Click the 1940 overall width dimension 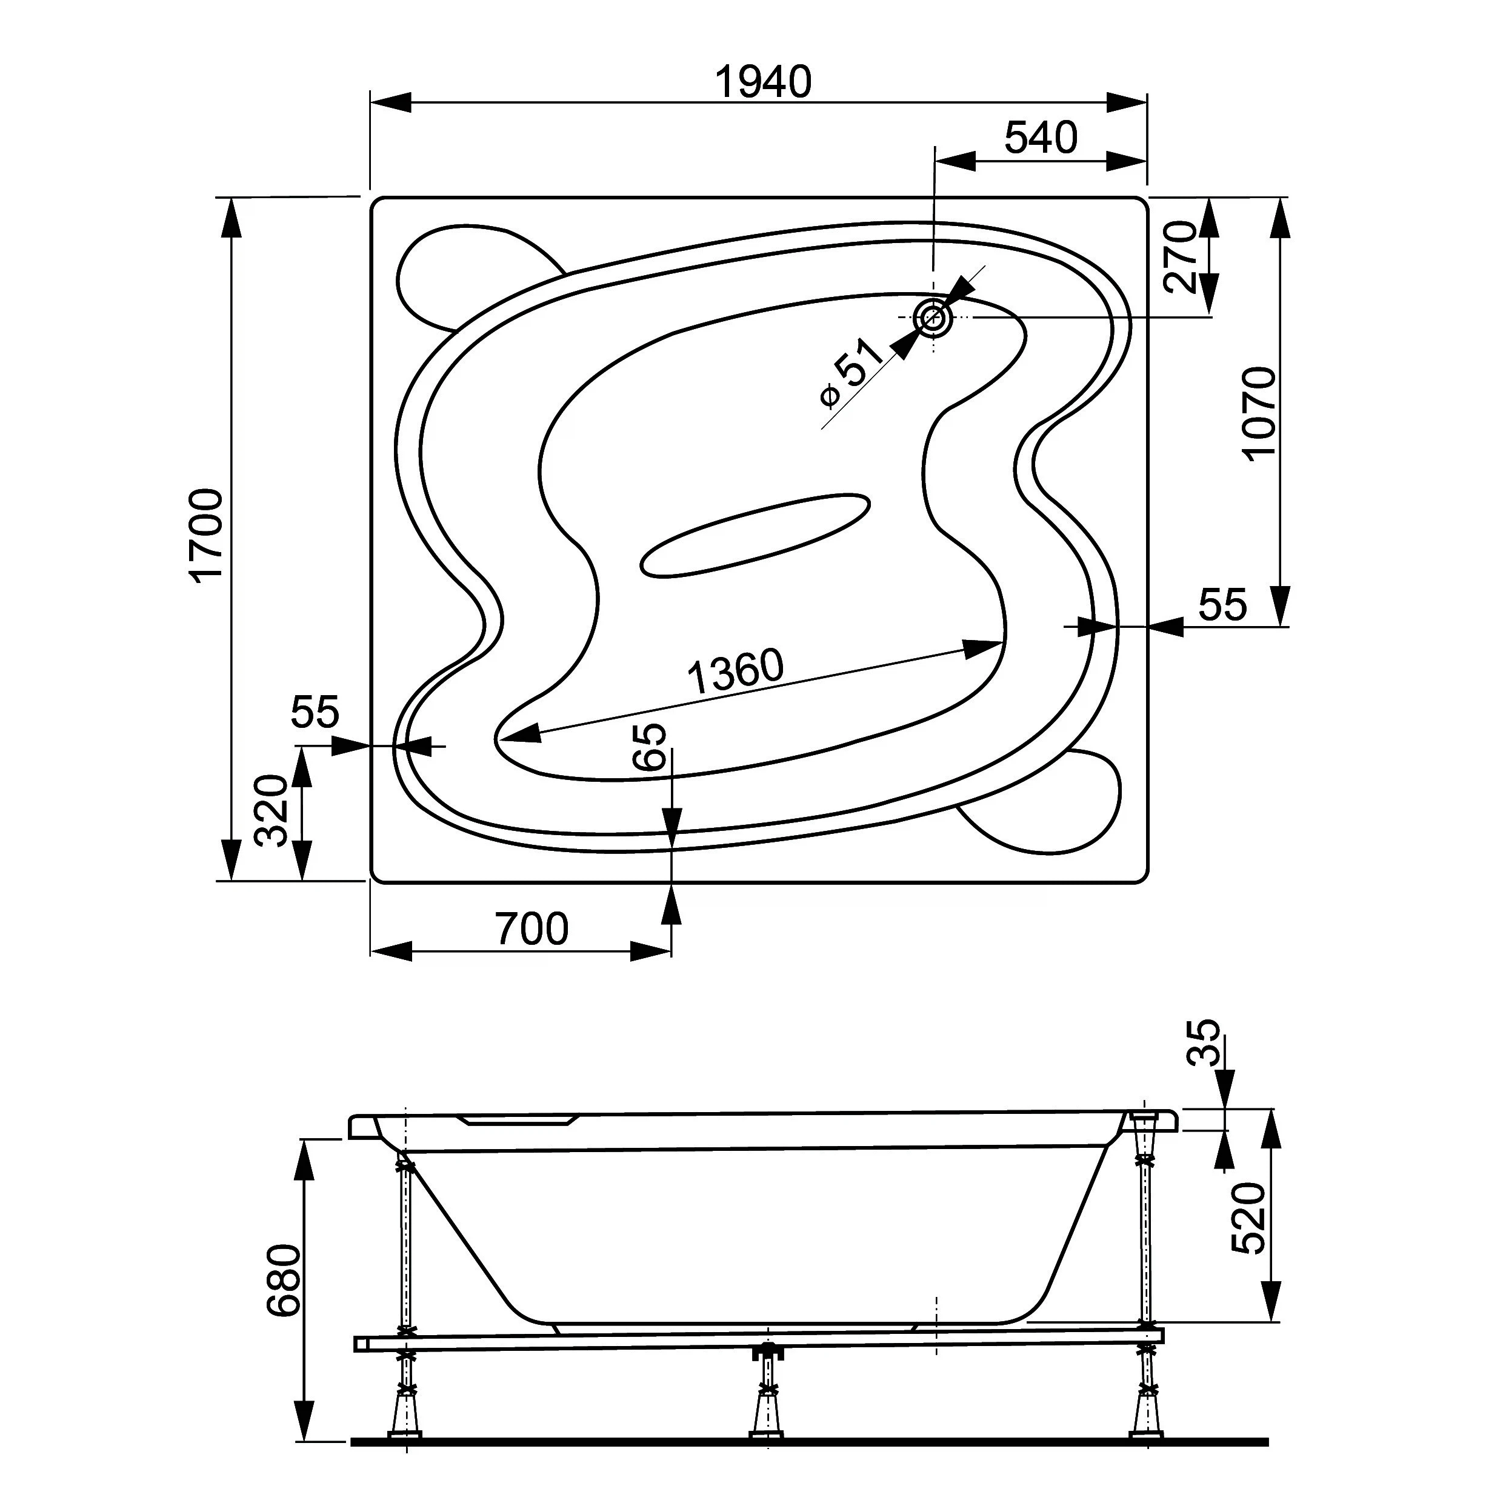(763, 82)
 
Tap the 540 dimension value (1041, 138)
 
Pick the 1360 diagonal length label (736, 672)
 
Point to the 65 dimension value (650, 747)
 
